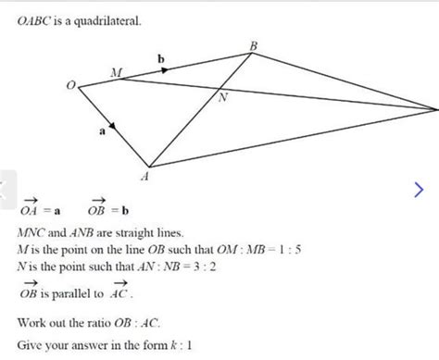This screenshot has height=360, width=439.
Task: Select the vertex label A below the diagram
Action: (x=144, y=175)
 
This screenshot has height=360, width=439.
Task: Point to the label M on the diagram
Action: (x=116, y=72)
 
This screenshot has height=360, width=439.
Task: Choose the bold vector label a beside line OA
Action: (x=102, y=132)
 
